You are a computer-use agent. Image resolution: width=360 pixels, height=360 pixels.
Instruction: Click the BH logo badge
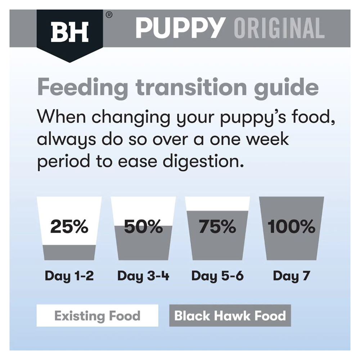click(69, 35)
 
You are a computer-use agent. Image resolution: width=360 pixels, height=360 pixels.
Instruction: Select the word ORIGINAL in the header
click(279, 28)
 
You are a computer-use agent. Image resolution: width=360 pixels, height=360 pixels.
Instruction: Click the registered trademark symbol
click(109, 15)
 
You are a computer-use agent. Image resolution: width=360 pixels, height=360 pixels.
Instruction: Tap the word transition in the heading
click(191, 87)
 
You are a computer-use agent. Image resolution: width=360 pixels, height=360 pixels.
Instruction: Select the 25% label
click(69, 226)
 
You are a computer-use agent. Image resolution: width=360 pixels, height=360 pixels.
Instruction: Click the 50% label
click(143, 226)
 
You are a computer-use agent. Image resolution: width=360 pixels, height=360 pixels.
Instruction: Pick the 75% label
click(217, 226)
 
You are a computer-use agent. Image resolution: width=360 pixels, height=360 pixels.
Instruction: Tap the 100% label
click(291, 226)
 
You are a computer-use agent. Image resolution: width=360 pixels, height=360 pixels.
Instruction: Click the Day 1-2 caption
click(69, 276)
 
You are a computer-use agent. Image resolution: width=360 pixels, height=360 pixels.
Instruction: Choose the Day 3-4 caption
click(143, 276)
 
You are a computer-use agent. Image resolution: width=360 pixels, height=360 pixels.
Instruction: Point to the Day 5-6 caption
click(217, 276)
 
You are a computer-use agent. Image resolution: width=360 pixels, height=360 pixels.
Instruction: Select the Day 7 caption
click(291, 276)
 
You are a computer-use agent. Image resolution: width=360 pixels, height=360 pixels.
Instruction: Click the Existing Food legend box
click(97, 315)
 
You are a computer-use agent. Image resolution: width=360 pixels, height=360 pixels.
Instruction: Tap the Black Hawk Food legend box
click(230, 315)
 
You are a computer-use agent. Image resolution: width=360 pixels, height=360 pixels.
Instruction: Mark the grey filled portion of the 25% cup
click(69, 252)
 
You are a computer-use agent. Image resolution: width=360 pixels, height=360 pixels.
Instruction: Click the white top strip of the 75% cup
click(217, 204)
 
